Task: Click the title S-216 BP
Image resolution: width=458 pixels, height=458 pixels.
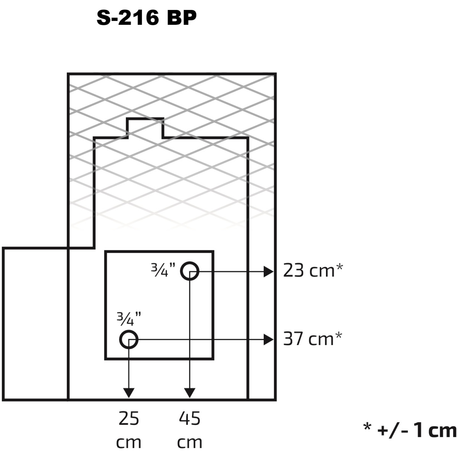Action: click(x=147, y=18)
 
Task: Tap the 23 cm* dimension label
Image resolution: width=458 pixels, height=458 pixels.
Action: click(x=313, y=271)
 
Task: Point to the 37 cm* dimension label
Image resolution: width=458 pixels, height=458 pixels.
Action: click(x=313, y=339)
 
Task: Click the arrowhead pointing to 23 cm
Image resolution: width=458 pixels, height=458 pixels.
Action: click(x=269, y=272)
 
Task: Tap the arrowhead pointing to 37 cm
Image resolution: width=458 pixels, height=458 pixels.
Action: click(x=269, y=340)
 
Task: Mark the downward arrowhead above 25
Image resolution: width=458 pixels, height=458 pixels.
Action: click(x=129, y=393)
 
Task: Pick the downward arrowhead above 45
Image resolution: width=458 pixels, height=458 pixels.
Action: click(x=190, y=393)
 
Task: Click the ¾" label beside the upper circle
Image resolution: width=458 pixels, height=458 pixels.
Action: click(x=163, y=270)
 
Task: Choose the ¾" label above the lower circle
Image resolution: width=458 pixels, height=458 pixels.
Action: click(x=129, y=319)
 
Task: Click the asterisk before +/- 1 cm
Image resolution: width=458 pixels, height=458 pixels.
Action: click(x=368, y=427)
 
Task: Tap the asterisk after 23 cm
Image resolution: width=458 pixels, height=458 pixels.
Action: click(x=339, y=267)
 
